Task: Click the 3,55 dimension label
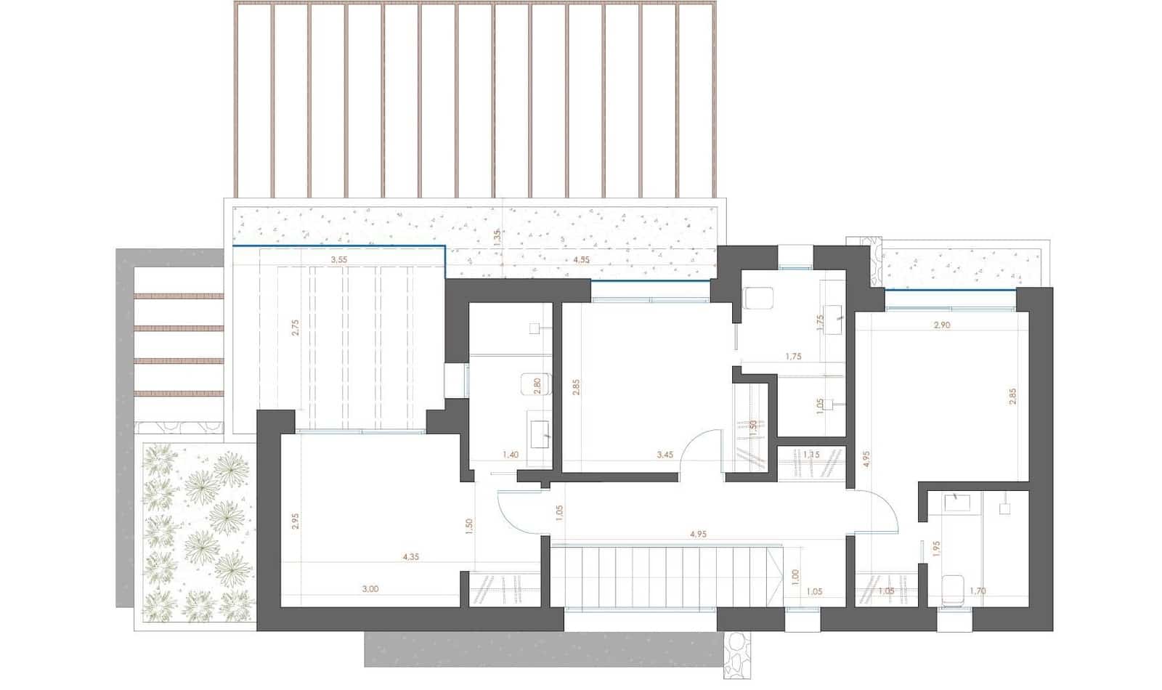[338, 259]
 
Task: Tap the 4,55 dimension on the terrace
[581, 259]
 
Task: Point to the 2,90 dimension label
[941, 325]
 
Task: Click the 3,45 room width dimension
[665, 455]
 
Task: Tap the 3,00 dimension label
[370, 589]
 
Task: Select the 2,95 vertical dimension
[295, 521]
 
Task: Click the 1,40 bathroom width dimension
[511, 455]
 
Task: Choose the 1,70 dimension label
[978, 591]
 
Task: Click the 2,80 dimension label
[537, 386]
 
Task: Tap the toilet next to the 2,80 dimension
[535, 384]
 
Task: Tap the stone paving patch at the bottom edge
[737, 651]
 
